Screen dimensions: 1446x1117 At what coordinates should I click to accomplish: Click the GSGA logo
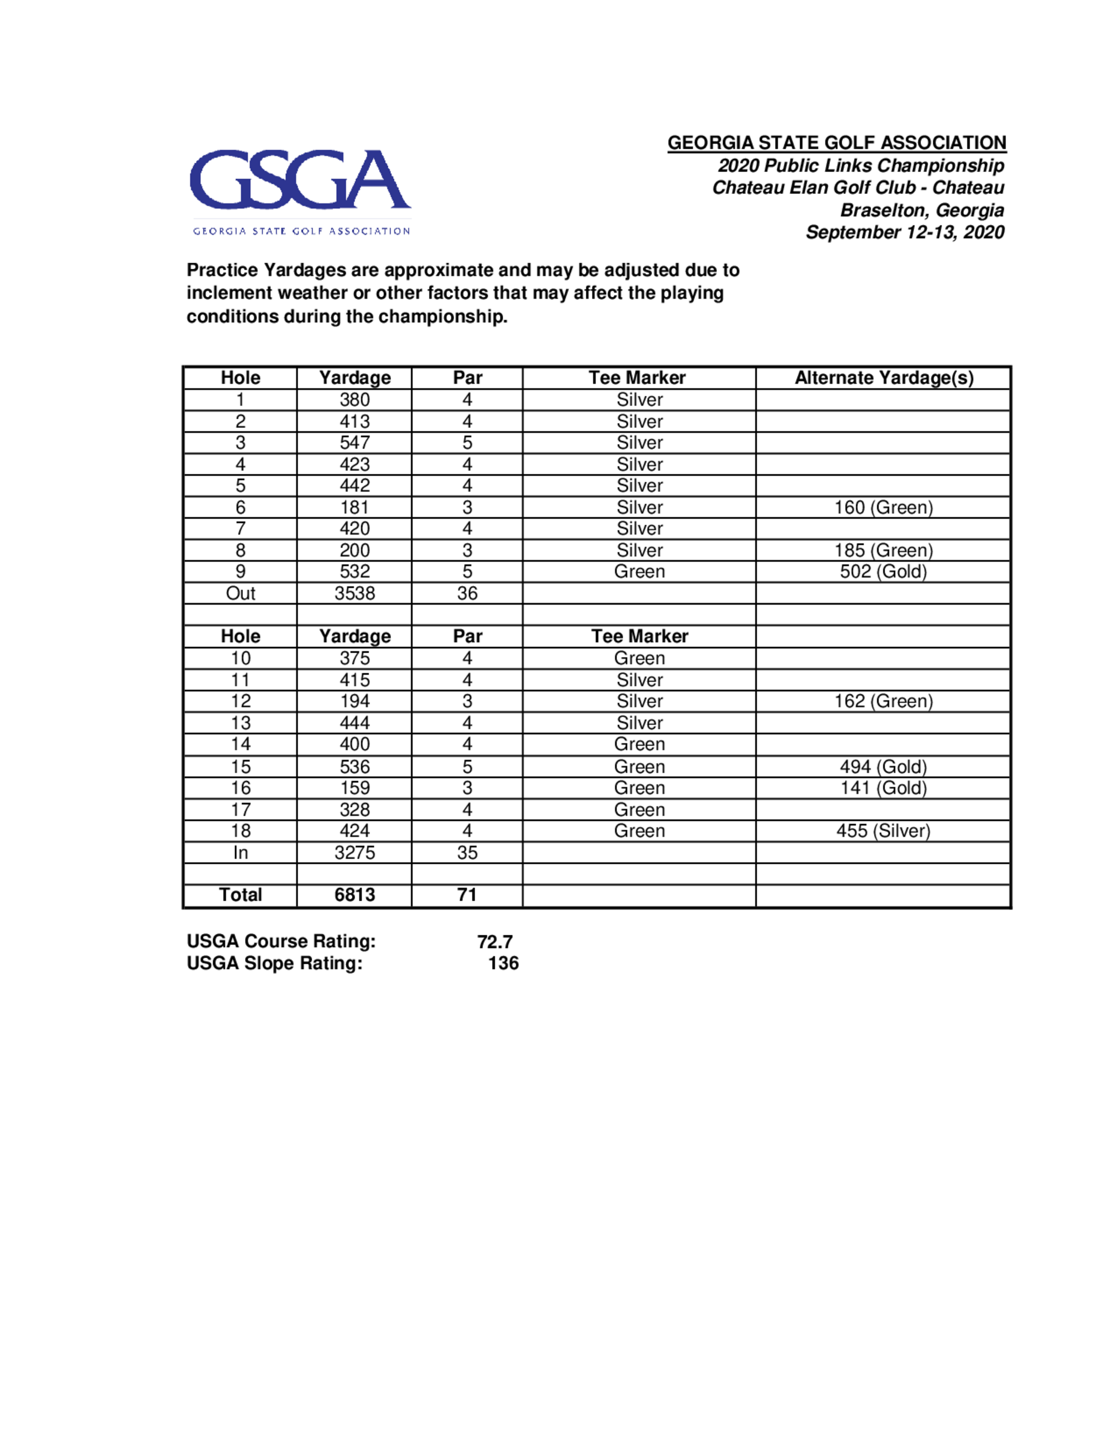(x=300, y=191)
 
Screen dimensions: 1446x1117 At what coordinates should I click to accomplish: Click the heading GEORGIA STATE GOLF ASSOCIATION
(x=837, y=143)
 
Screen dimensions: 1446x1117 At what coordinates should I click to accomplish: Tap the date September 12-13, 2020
(x=905, y=232)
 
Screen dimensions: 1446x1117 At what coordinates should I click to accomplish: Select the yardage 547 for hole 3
(x=355, y=443)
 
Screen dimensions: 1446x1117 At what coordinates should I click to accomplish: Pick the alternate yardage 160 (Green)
(x=884, y=507)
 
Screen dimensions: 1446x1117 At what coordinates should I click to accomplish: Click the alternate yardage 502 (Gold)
(x=884, y=572)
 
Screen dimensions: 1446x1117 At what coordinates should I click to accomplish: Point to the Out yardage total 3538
(x=355, y=593)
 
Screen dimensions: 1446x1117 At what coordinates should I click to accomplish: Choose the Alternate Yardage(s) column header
(x=884, y=378)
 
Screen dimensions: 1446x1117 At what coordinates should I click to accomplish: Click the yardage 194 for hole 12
(x=355, y=701)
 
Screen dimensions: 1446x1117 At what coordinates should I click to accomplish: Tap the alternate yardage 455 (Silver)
(x=884, y=831)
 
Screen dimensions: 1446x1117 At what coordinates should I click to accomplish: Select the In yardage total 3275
(x=355, y=853)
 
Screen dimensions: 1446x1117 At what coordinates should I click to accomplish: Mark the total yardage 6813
(x=355, y=895)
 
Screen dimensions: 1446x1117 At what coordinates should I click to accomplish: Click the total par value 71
(x=467, y=895)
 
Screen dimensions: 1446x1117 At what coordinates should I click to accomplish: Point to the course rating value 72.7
(x=495, y=941)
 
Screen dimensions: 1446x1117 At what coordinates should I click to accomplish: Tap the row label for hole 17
(x=240, y=810)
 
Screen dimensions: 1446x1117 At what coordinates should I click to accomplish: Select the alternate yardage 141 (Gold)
(x=884, y=788)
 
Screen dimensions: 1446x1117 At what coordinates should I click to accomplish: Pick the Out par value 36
(x=467, y=593)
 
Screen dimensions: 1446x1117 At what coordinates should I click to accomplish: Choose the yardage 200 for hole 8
(x=355, y=550)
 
